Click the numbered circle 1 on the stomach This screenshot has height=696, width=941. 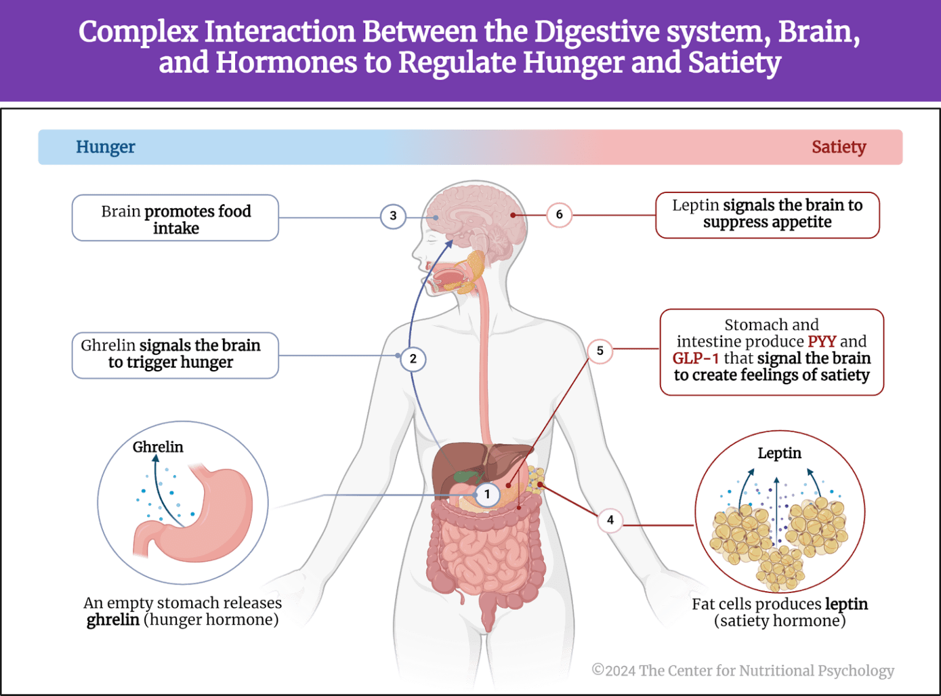[x=487, y=494]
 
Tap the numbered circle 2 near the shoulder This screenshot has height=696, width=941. [x=413, y=358]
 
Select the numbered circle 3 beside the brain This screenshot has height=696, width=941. [x=393, y=216]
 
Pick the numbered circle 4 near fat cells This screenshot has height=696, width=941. [x=610, y=520]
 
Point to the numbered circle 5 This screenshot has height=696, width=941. [x=600, y=350]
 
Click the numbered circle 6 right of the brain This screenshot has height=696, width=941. [x=559, y=214]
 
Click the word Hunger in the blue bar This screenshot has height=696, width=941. [x=105, y=147]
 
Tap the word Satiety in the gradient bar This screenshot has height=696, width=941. [x=838, y=147]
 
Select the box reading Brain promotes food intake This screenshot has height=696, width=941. [x=175, y=219]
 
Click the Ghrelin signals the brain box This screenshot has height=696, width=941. [x=175, y=355]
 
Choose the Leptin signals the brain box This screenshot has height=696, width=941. [x=767, y=214]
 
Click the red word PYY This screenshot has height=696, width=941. [x=822, y=341]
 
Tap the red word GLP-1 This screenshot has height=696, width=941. [x=695, y=358]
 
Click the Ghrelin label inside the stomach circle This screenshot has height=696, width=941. [x=158, y=447]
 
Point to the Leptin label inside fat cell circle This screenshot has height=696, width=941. [x=779, y=453]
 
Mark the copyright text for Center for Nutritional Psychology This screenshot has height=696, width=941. [x=743, y=670]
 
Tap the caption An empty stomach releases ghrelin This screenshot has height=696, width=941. [x=183, y=611]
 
